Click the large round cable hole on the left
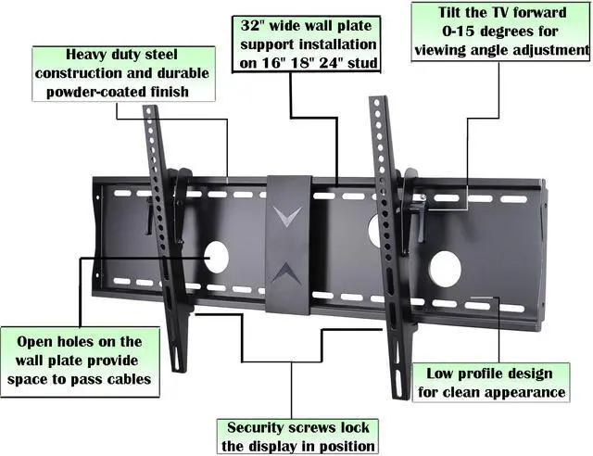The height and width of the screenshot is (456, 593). tap(216, 257)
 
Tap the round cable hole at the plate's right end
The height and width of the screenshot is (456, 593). tap(445, 269)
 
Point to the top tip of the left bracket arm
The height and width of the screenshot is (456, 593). tap(149, 110)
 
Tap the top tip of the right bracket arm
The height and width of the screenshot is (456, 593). tap(376, 99)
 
